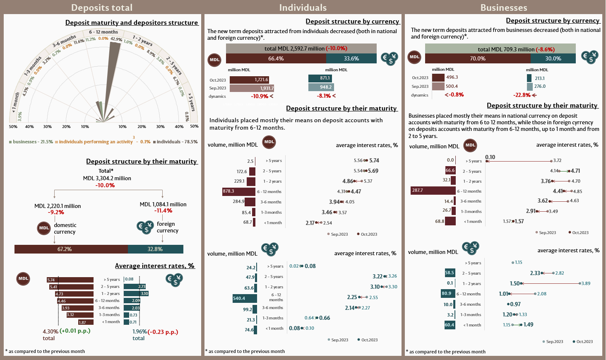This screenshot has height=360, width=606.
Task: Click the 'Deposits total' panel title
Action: pyautogui.click(x=102, y=7)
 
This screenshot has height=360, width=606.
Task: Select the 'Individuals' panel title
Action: pyautogui.click(x=303, y=7)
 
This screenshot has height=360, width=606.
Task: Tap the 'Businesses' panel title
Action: pyautogui.click(x=503, y=7)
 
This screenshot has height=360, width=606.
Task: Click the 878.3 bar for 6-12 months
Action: pyautogui.click(x=239, y=191)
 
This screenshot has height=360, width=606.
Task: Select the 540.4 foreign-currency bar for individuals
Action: pyautogui.click(x=245, y=298)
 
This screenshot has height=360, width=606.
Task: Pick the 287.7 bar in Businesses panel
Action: pyautogui.click(x=433, y=191)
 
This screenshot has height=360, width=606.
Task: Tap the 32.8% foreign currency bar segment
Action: pyautogui.click(x=156, y=249)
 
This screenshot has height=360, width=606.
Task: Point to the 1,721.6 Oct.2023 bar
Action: pyautogui.click(x=249, y=80)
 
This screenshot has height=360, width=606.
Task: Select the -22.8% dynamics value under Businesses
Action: pyautogui.click(x=522, y=95)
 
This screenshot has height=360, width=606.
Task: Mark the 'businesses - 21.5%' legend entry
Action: pyautogui.click(x=31, y=142)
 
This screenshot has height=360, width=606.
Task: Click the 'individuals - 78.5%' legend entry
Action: pyautogui.click(x=176, y=142)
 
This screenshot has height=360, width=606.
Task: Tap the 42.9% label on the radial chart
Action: pyautogui.click(x=116, y=39)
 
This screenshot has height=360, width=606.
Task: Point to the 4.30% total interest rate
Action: pyautogui.click(x=50, y=331)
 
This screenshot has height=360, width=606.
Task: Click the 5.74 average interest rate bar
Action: pyautogui.click(x=70, y=280)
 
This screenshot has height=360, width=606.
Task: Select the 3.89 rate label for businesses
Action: pyautogui.click(x=586, y=283)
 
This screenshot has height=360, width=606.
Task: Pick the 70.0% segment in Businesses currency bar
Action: pyautogui.click(x=478, y=58)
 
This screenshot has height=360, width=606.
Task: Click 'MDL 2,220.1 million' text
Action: pyautogui.click(x=58, y=206)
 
